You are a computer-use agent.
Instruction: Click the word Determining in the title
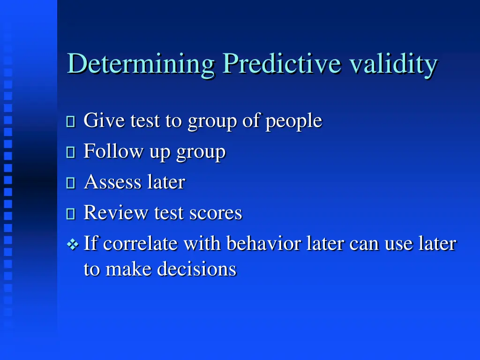click(141, 64)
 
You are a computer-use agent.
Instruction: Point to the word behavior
click(263, 244)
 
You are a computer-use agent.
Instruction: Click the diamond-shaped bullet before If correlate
click(72, 244)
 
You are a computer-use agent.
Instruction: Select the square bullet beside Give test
click(71, 122)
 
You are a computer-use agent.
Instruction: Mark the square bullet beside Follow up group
click(71, 153)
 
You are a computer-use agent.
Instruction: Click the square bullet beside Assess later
click(71, 183)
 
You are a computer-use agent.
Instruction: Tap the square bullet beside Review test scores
click(71, 214)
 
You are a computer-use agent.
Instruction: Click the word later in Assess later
click(166, 182)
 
